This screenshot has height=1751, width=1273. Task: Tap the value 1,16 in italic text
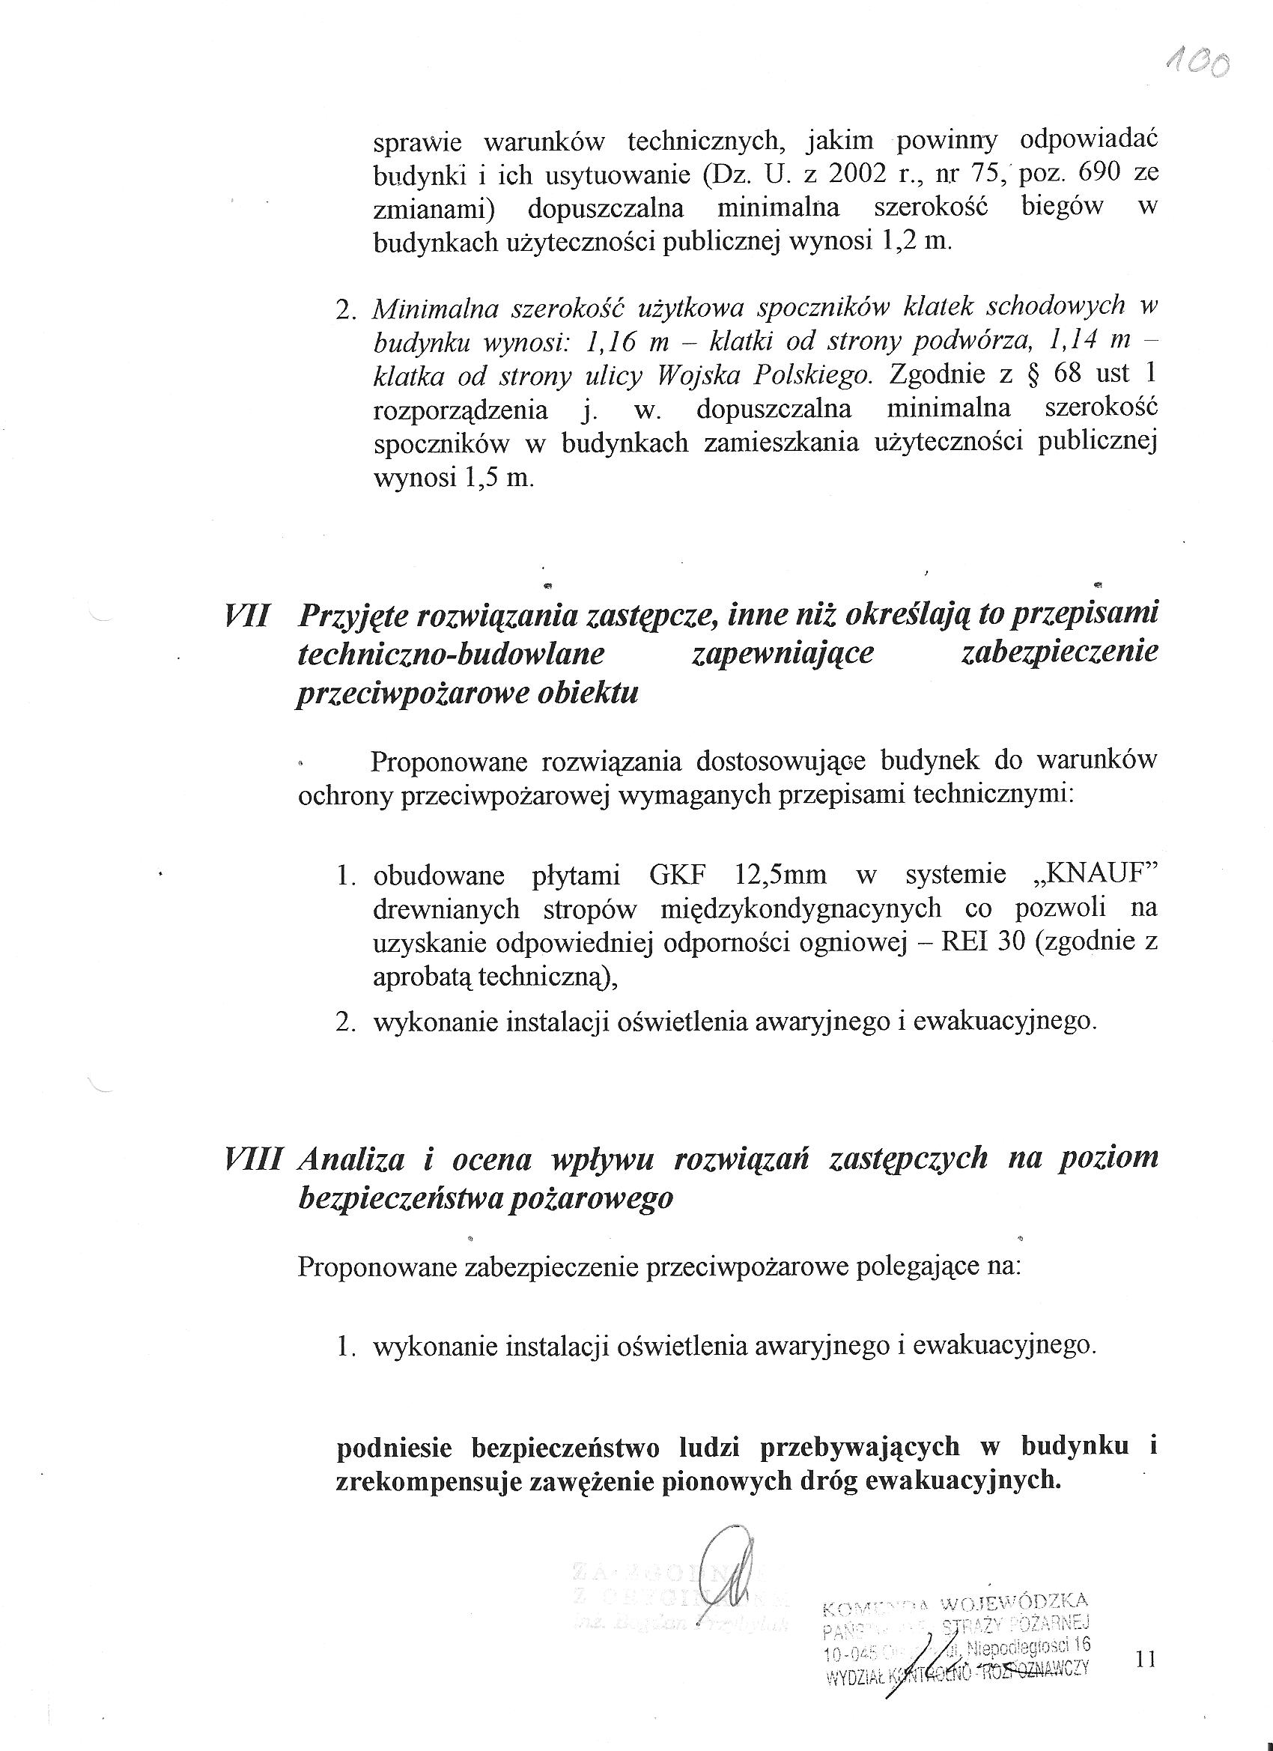[x=615, y=342]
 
